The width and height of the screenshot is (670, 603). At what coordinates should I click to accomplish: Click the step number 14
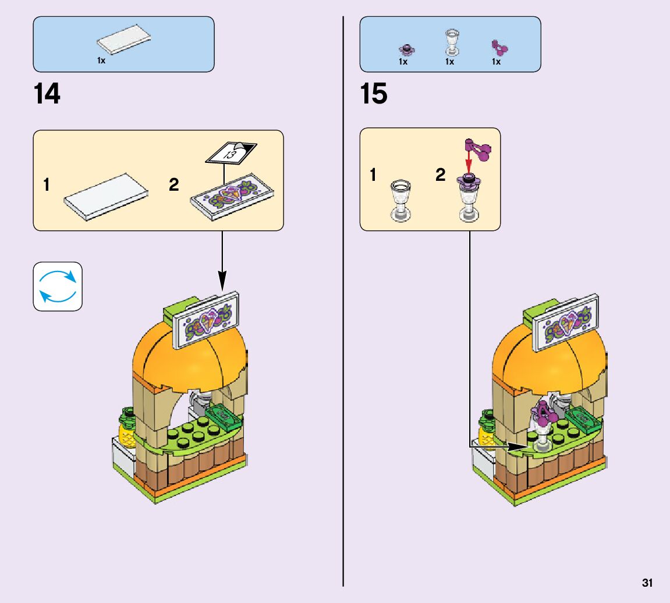(47, 94)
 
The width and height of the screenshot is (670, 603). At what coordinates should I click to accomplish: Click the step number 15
(374, 94)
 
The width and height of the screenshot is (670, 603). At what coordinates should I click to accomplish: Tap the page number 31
(647, 583)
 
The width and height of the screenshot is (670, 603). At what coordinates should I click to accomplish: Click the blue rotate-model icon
(58, 286)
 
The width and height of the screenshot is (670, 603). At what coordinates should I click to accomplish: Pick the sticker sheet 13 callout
(231, 154)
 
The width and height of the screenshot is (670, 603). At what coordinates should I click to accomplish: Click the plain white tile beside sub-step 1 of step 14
(105, 197)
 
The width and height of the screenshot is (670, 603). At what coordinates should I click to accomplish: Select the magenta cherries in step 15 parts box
(498, 47)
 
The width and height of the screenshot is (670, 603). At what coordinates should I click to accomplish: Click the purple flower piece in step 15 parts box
(404, 48)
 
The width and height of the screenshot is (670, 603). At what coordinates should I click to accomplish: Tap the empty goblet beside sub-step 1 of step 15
(401, 199)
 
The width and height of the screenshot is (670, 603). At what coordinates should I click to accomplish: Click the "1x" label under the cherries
(496, 62)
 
